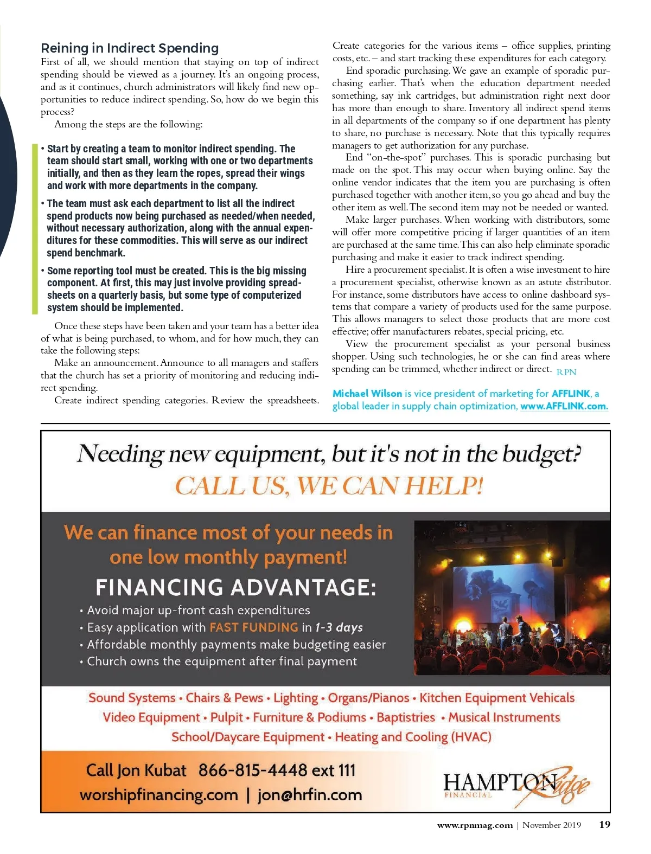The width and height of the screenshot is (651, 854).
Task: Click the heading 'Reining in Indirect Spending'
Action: click(130, 48)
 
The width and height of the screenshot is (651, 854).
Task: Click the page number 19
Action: click(604, 825)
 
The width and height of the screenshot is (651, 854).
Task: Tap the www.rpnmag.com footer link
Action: click(475, 825)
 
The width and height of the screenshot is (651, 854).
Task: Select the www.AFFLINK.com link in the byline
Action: click(564, 406)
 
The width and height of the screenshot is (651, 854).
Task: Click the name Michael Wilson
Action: click(367, 394)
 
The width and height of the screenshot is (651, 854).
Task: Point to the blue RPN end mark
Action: click(566, 373)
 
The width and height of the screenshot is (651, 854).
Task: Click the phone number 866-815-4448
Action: click(253, 770)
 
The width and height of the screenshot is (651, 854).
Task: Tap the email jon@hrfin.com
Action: click(309, 795)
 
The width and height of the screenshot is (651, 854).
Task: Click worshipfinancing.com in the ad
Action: click(159, 795)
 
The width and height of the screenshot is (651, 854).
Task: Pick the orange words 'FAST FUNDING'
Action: click(253, 627)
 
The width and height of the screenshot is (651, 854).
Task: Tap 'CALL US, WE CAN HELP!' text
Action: click(329, 485)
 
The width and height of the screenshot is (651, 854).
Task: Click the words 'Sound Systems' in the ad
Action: click(132, 698)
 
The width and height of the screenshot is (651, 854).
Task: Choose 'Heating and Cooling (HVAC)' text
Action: click(413, 737)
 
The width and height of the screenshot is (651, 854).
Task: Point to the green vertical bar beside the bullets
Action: click(36, 228)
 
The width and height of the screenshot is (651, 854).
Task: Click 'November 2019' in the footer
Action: click(551, 825)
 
